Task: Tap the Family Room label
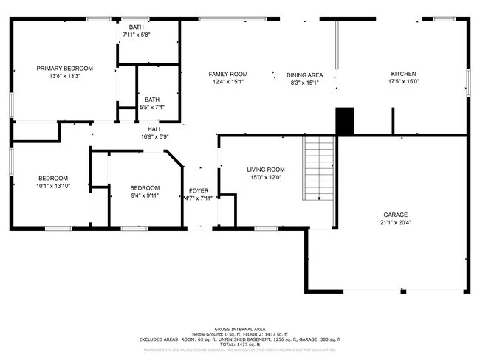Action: point(227,74)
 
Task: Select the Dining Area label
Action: point(304,75)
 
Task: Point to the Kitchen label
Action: point(403,74)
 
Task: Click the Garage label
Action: point(395,214)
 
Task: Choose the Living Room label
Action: point(265,169)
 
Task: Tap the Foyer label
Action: point(199,190)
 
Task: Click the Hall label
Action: point(154,128)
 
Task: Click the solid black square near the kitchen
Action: point(345,120)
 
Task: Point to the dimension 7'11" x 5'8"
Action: point(136,35)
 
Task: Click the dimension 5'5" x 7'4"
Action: point(151,107)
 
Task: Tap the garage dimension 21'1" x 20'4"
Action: point(395,222)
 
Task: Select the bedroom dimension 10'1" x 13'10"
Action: point(53,186)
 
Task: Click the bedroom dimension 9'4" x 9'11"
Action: point(145,195)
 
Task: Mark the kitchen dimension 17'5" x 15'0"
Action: point(403,82)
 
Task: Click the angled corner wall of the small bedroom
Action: point(174,160)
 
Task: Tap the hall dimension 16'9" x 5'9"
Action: point(154,136)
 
